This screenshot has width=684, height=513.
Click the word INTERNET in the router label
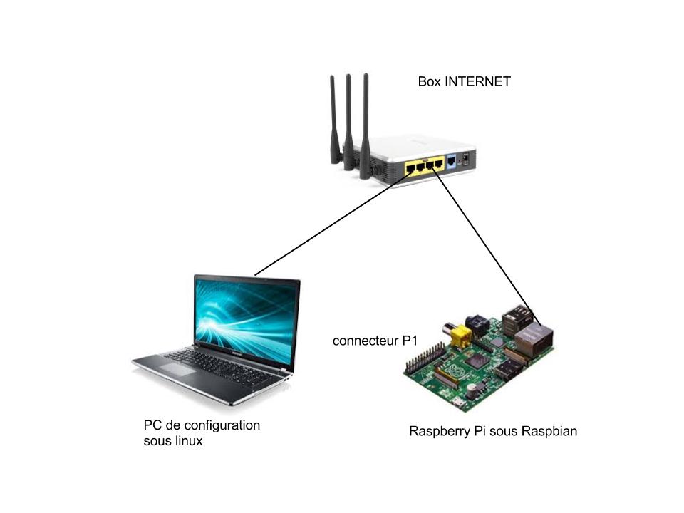(477, 81)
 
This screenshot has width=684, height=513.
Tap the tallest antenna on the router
(365, 127)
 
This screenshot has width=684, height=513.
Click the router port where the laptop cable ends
(410, 167)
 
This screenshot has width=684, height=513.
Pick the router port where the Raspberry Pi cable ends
(430, 165)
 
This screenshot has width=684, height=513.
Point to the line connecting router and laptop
(333, 222)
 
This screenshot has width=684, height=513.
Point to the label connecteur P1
(375, 341)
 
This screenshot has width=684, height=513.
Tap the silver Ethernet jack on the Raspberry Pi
(534, 338)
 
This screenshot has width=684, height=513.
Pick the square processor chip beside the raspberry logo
(477, 361)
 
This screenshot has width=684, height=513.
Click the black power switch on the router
(466, 157)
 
